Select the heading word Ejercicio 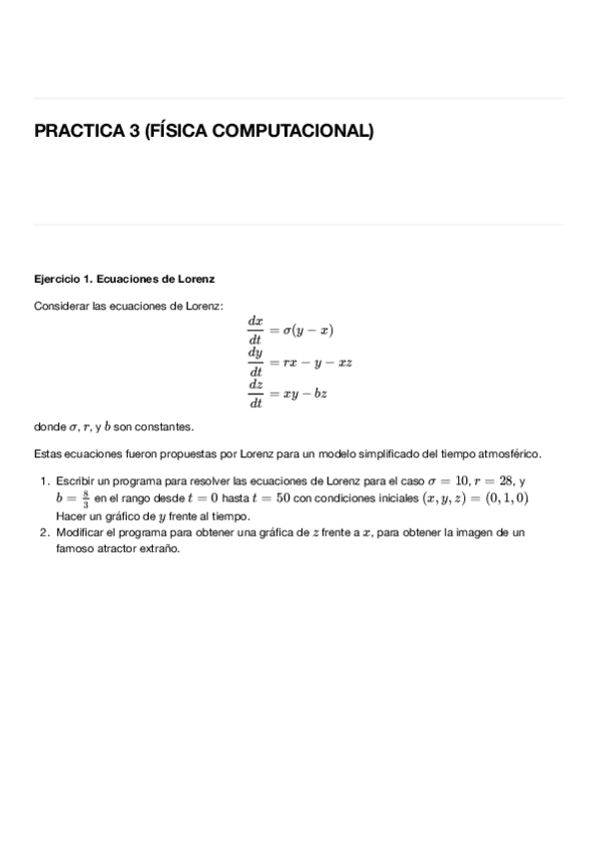click(58, 278)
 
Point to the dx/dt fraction click(256, 330)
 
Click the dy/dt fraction click(256, 363)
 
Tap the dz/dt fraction click(256, 395)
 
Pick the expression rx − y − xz click(317, 363)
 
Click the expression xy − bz click(305, 395)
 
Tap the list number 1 click(44, 480)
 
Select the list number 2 click(44, 533)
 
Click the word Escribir click(75, 480)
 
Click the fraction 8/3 click(86, 497)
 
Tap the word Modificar click(80, 533)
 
